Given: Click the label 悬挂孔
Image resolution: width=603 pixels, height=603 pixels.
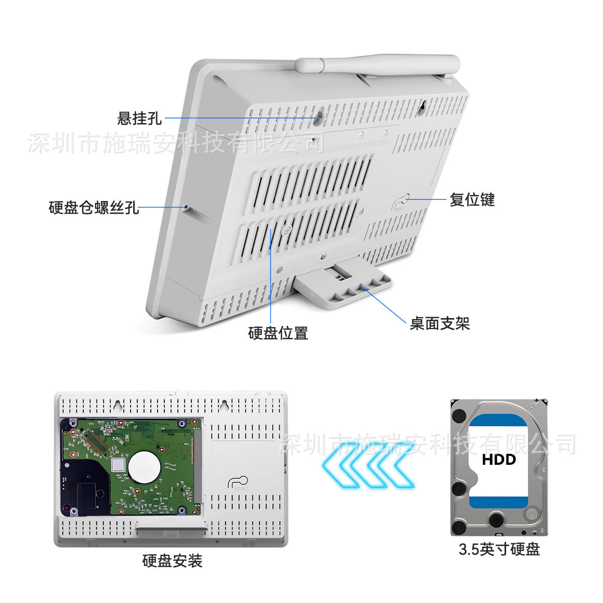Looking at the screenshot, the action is [x=139, y=118].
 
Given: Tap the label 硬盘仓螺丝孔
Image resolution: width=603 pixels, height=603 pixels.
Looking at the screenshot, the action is [x=93, y=208].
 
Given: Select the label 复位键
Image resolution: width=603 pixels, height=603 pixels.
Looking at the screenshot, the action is [x=472, y=199].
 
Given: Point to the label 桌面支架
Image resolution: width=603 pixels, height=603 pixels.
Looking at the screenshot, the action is [x=440, y=323].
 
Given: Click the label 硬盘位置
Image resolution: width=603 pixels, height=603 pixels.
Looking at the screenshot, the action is [x=278, y=333].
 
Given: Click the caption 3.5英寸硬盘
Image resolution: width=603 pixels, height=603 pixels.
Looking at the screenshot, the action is [x=499, y=549].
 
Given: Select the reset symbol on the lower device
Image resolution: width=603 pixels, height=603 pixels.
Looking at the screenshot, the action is [x=238, y=483].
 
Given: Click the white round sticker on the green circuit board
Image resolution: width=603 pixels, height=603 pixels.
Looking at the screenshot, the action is [x=144, y=467].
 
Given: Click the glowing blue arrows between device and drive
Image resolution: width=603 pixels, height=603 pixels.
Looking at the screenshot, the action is [x=369, y=465].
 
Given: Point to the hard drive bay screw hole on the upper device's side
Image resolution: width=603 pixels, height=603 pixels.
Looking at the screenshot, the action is [x=186, y=207].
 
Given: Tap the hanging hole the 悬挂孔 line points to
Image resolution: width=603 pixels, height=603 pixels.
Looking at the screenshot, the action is [x=319, y=118].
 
